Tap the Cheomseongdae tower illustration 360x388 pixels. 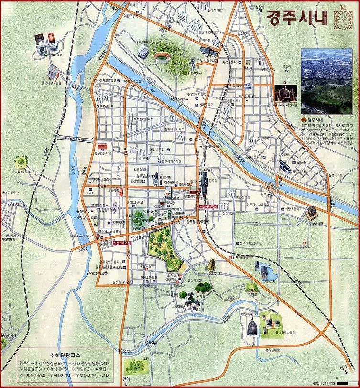pyautogui.click(x=211, y=265)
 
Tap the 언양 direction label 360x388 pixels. pyautogui.click(x=126, y=380)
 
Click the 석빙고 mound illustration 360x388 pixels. pyautogui.click(x=250, y=287)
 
